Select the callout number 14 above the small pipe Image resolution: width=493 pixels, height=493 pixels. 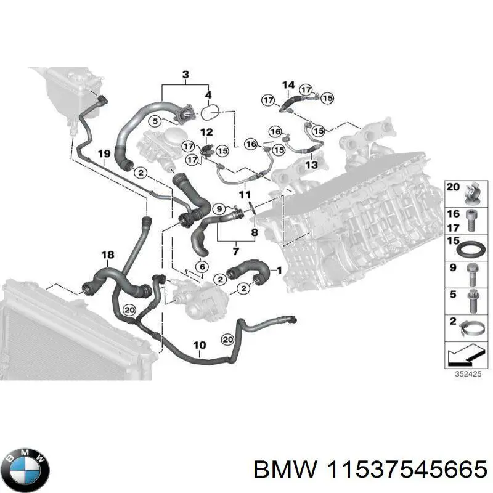coord(288,85)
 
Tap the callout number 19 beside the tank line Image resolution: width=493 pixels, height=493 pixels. coord(103,153)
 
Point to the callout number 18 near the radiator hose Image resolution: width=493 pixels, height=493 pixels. coord(107,255)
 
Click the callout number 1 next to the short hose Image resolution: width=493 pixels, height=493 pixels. coord(278,270)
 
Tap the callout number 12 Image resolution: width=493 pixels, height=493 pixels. coord(206,132)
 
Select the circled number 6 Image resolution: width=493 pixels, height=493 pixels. coord(201,266)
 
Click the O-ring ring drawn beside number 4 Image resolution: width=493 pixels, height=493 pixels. coord(211,113)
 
